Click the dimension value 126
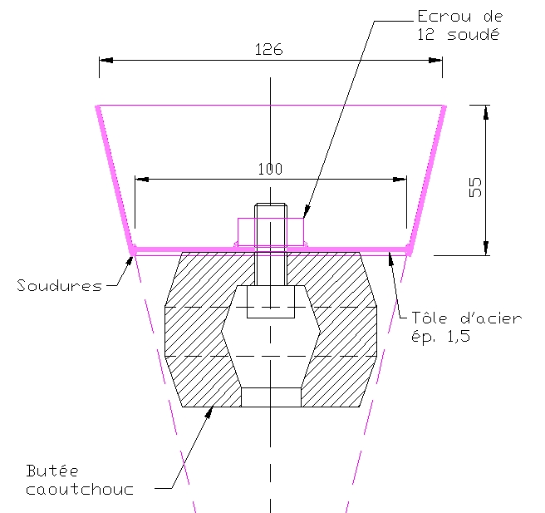[x=268, y=49]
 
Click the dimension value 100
[x=270, y=169]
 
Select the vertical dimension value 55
[x=475, y=187]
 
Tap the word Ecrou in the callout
[x=444, y=17]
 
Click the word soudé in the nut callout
[x=474, y=35]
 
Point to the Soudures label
[x=60, y=285]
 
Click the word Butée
[x=52, y=471]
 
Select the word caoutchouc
[x=80, y=490]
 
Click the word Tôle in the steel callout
[x=430, y=318]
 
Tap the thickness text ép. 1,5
[x=440, y=337]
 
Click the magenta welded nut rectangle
[x=271, y=232]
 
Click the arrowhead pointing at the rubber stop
[x=209, y=412]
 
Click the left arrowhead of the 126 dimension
[x=106, y=60]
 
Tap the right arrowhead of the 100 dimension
[x=400, y=180]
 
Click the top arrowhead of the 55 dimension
[x=486, y=112]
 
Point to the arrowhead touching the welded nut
[x=307, y=212]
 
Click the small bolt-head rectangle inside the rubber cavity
[x=271, y=302]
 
